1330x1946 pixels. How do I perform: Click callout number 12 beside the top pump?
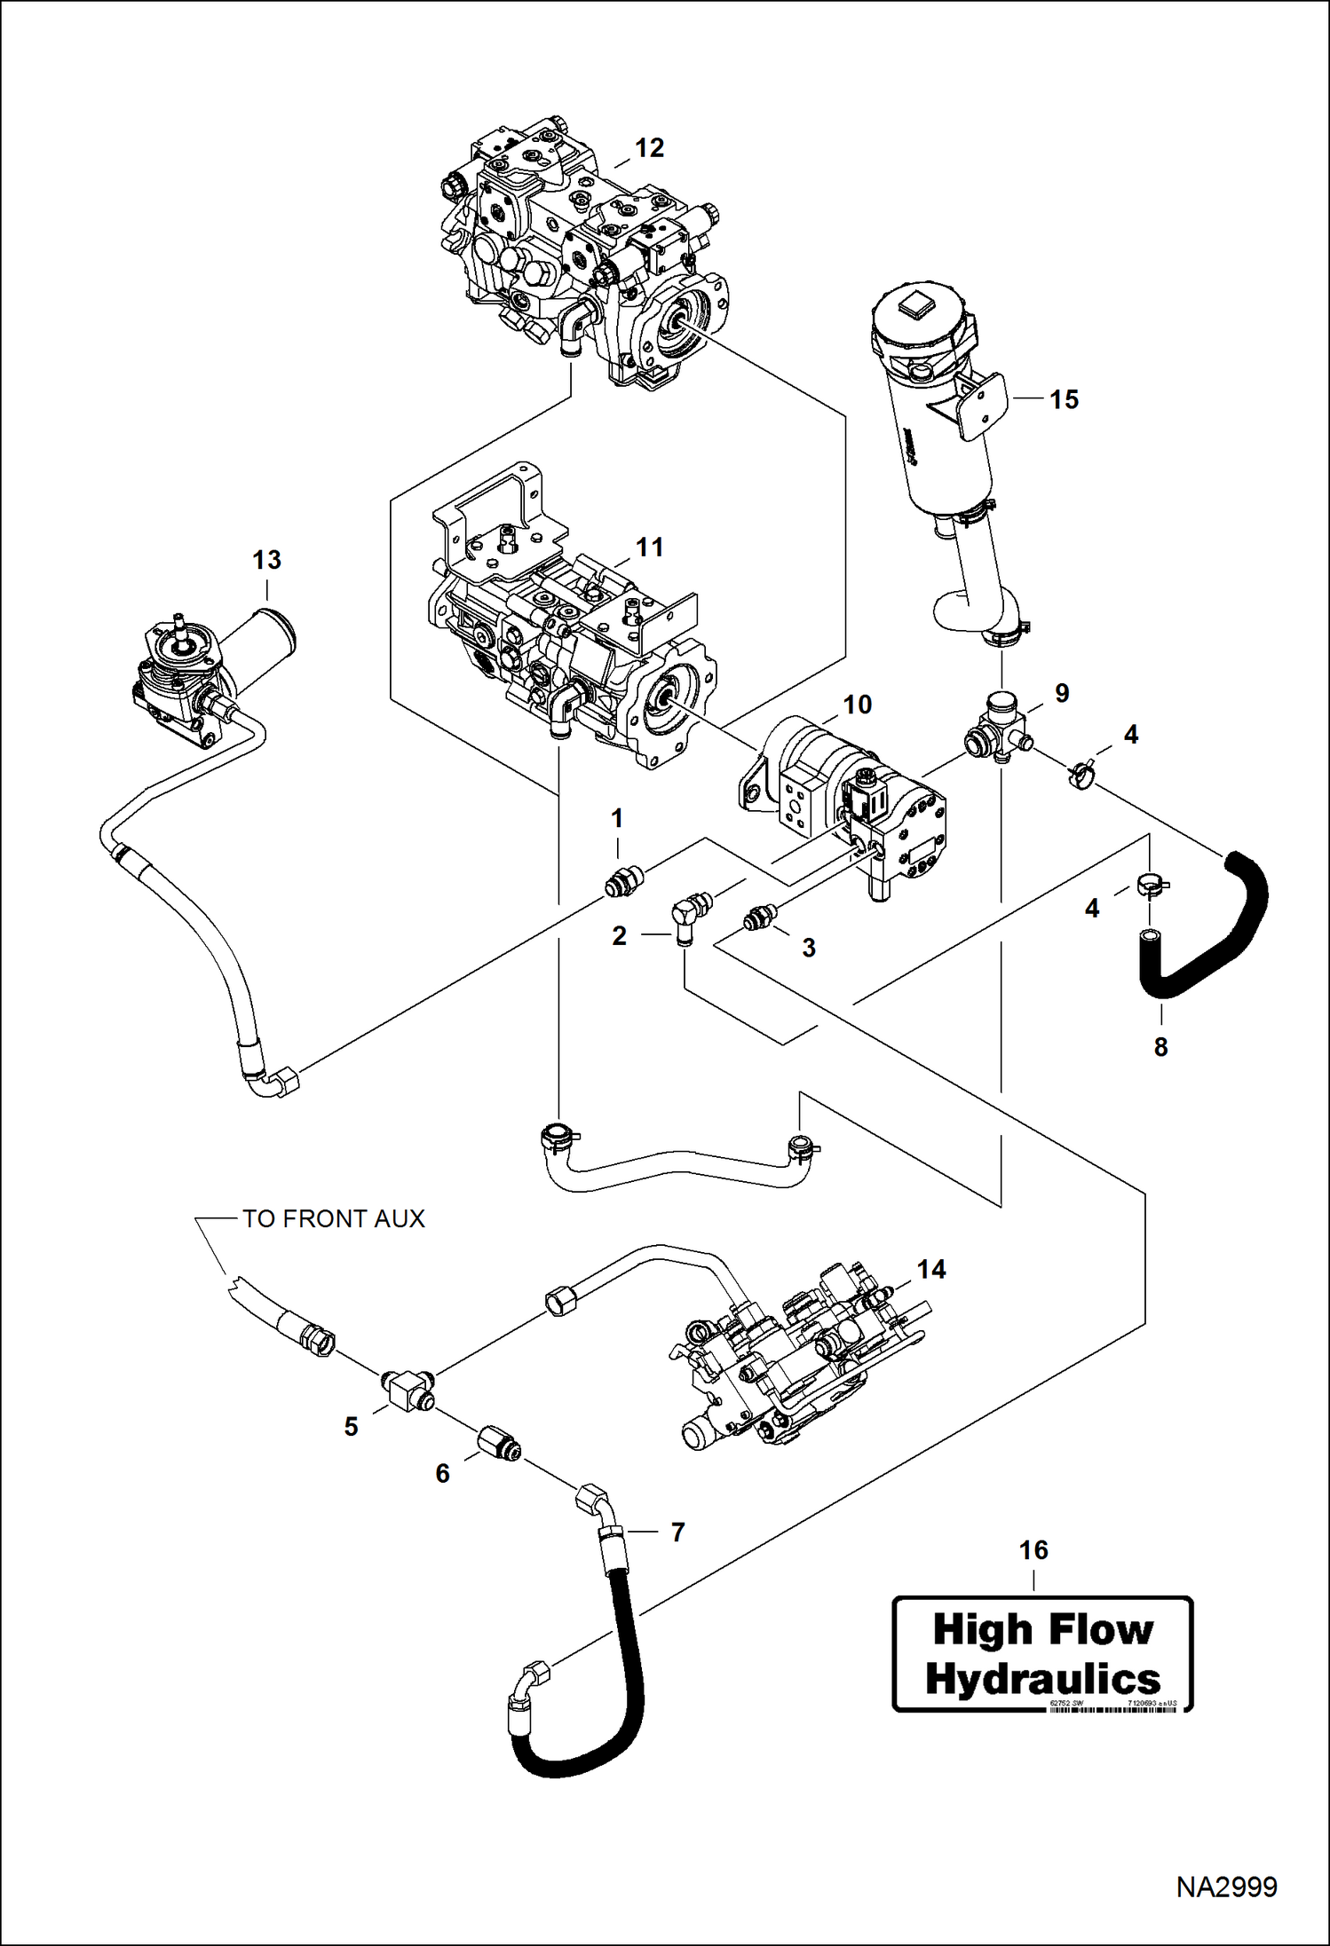[649, 148]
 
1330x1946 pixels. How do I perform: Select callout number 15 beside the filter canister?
[1064, 399]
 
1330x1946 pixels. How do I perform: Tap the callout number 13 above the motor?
[266, 560]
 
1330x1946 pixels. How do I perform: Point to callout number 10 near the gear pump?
[857, 705]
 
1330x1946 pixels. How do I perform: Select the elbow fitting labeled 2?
[687, 919]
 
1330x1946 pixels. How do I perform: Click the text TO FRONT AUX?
[334, 1219]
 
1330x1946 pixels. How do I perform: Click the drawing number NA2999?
[1226, 1887]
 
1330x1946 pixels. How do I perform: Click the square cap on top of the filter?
[914, 310]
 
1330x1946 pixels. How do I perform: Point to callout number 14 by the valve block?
[930, 1269]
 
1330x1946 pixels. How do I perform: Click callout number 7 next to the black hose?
[677, 1532]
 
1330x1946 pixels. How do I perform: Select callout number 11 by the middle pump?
[649, 548]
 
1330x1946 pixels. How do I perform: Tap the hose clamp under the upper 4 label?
[1081, 775]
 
